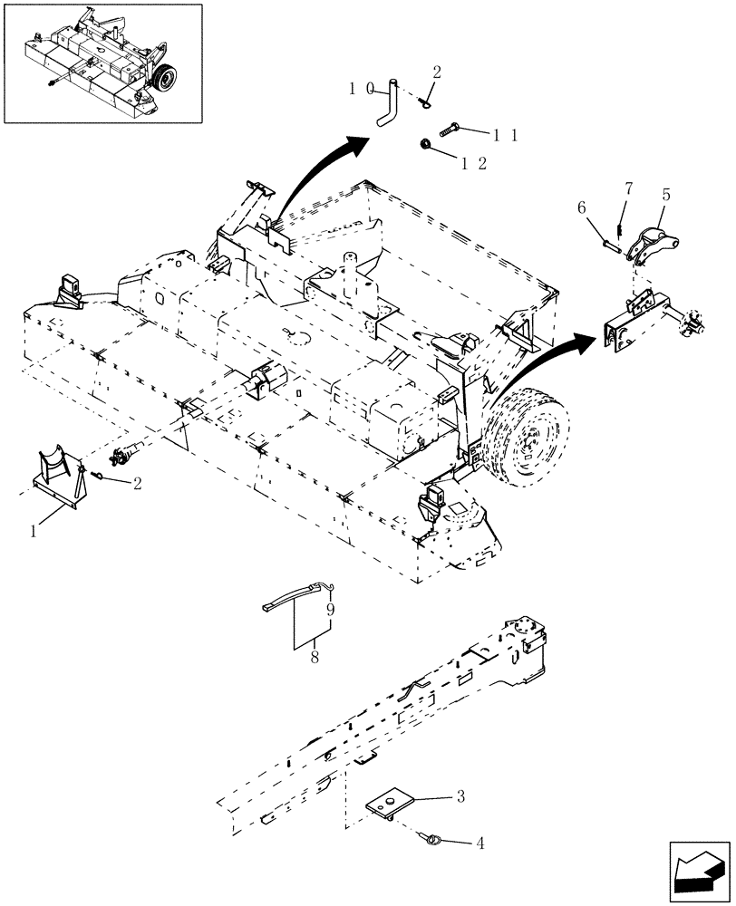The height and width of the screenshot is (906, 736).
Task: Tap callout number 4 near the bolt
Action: click(479, 843)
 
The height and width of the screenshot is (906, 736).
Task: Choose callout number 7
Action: click(627, 188)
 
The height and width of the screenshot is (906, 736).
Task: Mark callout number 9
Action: click(331, 610)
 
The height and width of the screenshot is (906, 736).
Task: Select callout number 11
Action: click(505, 134)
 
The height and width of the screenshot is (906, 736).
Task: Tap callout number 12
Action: click(475, 163)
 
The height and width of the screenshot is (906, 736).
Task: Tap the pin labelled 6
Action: click(609, 246)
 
